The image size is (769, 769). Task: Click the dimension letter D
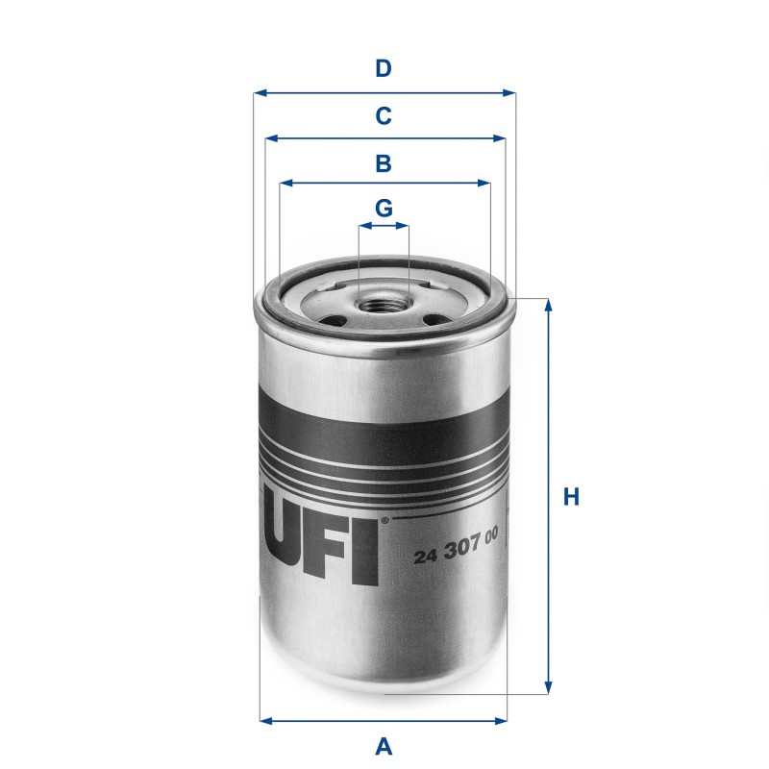[x=384, y=69]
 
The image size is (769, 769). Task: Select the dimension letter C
[x=384, y=116]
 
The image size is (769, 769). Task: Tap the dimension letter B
[x=384, y=163]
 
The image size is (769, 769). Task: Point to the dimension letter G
[x=384, y=208]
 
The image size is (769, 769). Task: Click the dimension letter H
[x=571, y=497]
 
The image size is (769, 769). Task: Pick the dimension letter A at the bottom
[x=384, y=745]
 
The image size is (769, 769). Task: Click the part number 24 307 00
[x=455, y=557]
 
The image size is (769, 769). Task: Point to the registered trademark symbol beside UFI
[x=384, y=521]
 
